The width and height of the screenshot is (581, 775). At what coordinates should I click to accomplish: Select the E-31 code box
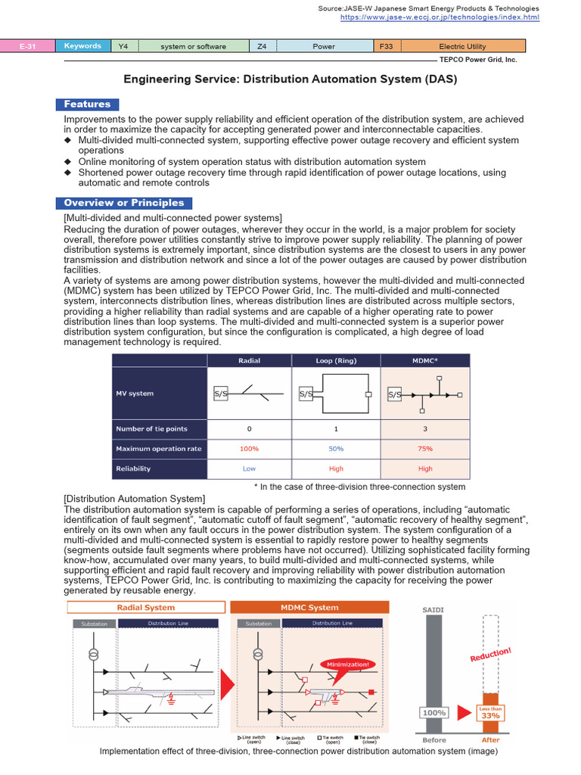click(x=28, y=46)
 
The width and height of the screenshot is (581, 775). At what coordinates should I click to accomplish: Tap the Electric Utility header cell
click(x=462, y=46)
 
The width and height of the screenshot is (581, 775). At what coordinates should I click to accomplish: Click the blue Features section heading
click(x=87, y=104)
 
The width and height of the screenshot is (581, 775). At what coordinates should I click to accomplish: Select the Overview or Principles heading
click(x=124, y=203)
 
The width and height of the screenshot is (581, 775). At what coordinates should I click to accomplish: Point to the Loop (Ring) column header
click(x=336, y=360)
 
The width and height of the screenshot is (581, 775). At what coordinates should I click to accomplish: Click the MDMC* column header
click(x=425, y=360)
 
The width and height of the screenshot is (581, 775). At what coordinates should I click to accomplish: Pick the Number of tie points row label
click(x=151, y=428)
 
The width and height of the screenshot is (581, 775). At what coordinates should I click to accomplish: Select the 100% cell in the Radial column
click(x=249, y=449)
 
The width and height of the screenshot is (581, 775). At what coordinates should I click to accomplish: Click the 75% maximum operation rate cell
click(x=425, y=449)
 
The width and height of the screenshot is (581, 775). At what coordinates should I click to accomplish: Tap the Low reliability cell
click(x=249, y=468)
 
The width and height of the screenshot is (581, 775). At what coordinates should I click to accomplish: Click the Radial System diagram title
click(x=146, y=607)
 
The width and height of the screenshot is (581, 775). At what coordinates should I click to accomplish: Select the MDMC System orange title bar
click(x=309, y=607)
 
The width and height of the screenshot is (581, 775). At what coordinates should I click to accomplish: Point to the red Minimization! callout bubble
click(x=349, y=664)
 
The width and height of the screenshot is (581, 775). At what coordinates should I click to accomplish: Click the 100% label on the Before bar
click(x=433, y=712)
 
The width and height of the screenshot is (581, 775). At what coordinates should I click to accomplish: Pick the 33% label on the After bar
click(x=490, y=715)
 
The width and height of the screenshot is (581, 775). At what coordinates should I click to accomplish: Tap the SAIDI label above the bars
click(x=433, y=609)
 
